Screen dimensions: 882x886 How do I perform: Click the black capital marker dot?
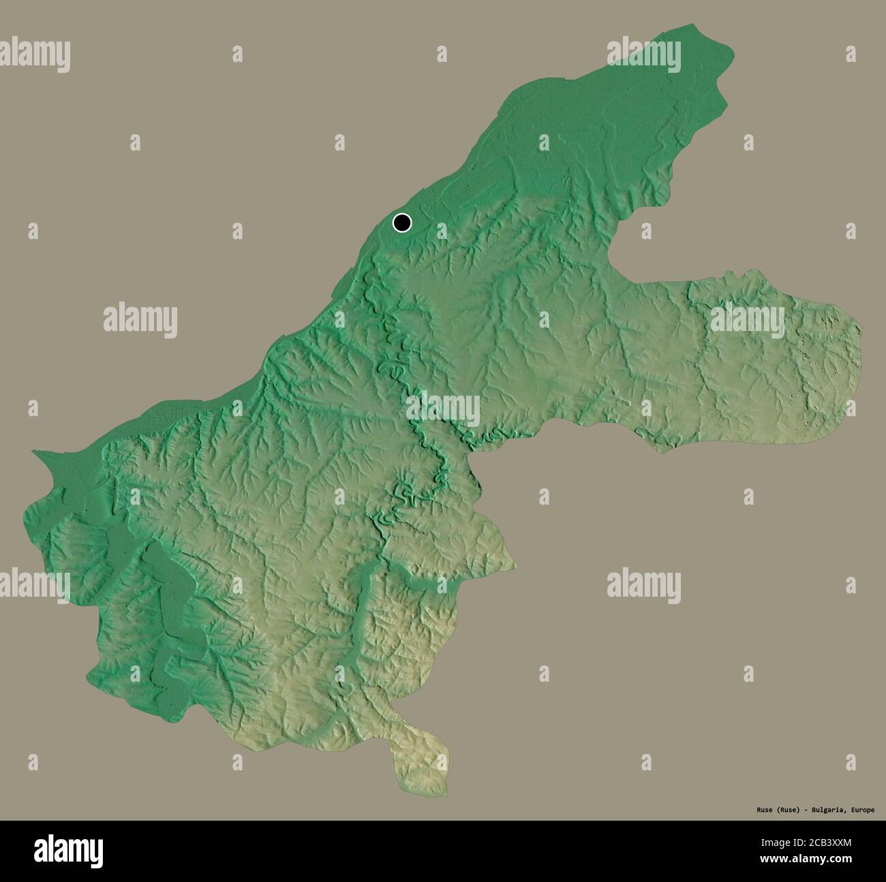point(402,222)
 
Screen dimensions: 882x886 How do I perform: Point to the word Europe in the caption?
point(860,810)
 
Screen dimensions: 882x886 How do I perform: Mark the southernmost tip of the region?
point(446,793)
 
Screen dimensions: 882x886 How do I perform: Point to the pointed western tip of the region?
point(33,451)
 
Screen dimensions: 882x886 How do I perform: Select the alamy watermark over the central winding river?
point(443,409)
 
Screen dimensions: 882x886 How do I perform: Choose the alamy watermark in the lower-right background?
point(643,586)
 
